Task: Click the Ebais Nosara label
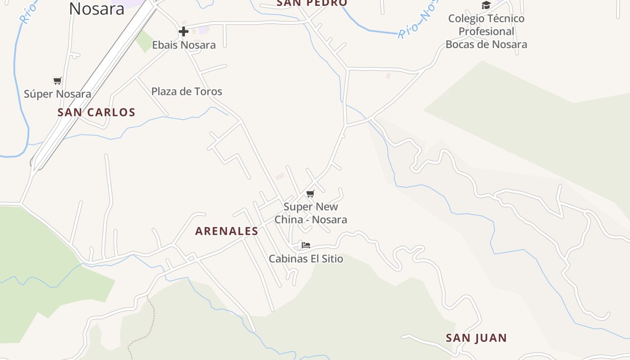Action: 184,45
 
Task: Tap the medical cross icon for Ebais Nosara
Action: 183,31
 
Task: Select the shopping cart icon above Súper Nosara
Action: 57,81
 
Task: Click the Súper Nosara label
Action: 57,94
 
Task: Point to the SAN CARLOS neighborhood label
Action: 96,112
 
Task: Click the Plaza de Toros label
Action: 187,91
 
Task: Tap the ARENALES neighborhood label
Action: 226,231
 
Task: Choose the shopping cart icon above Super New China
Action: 310,194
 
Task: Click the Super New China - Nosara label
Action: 310,213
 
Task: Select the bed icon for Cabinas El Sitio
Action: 306,245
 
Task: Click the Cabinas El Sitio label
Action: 306,259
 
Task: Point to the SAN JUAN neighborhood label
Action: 476,338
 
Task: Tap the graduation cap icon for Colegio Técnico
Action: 486,5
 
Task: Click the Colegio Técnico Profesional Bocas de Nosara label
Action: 486,31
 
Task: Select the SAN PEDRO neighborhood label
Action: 312,3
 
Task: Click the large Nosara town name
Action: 96,8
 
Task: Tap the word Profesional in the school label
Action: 486,31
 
